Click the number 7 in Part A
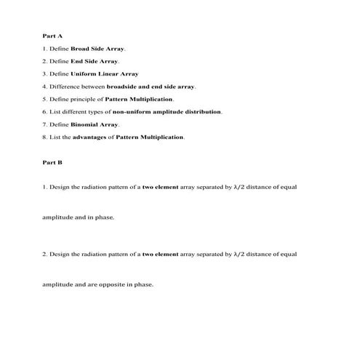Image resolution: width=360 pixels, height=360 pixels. click(x=44, y=124)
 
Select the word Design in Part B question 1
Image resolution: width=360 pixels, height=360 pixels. click(x=60, y=187)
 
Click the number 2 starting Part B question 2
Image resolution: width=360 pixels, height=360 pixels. click(x=44, y=255)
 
